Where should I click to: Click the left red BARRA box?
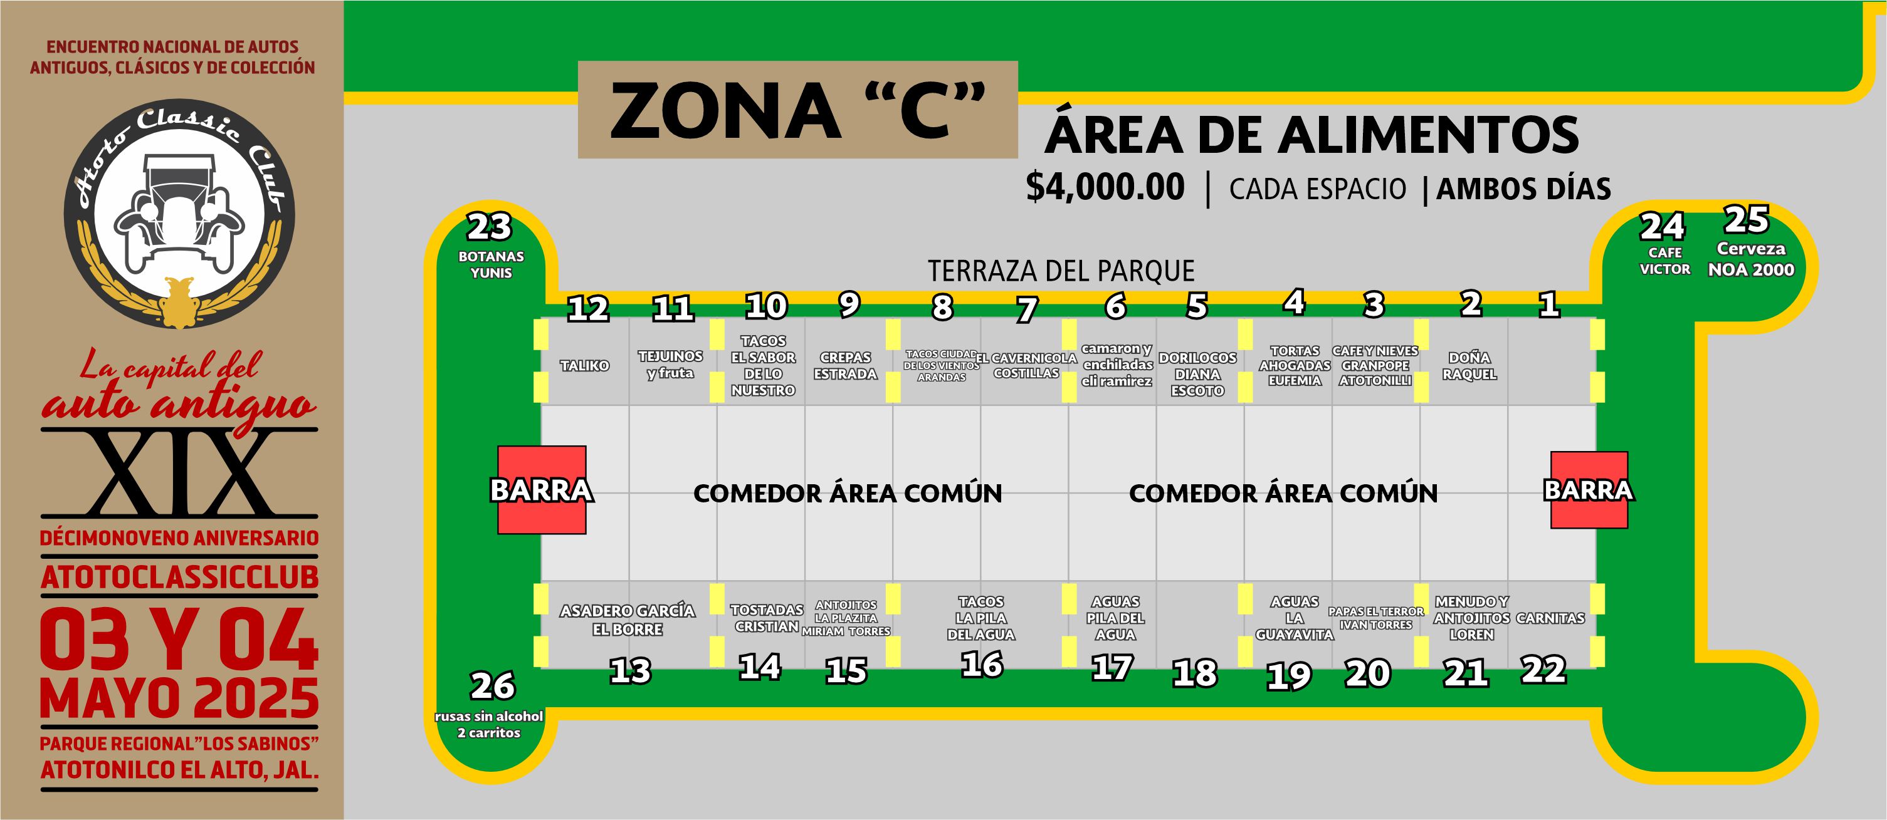point(542,490)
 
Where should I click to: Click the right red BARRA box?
point(1589,490)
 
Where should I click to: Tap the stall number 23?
point(490,227)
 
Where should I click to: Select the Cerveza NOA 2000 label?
point(1751,259)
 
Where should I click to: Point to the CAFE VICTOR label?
point(1664,261)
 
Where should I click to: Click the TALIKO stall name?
point(584,365)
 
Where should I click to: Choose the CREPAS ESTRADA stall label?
point(845,365)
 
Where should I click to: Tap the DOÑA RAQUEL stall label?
point(1469,365)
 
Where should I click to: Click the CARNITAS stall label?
point(1550,618)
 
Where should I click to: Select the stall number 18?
point(1195,673)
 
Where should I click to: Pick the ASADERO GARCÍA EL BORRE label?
point(627,620)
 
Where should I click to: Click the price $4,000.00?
point(1105,187)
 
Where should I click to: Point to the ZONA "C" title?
point(797,110)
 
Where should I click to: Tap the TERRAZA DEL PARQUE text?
point(1061,271)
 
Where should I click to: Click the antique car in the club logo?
point(179,212)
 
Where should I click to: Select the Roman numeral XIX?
point(179,473)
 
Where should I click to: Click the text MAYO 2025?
point(179,698)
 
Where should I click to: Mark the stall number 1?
point(1548,304)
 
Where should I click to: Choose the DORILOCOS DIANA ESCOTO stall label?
point(1197,373)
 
